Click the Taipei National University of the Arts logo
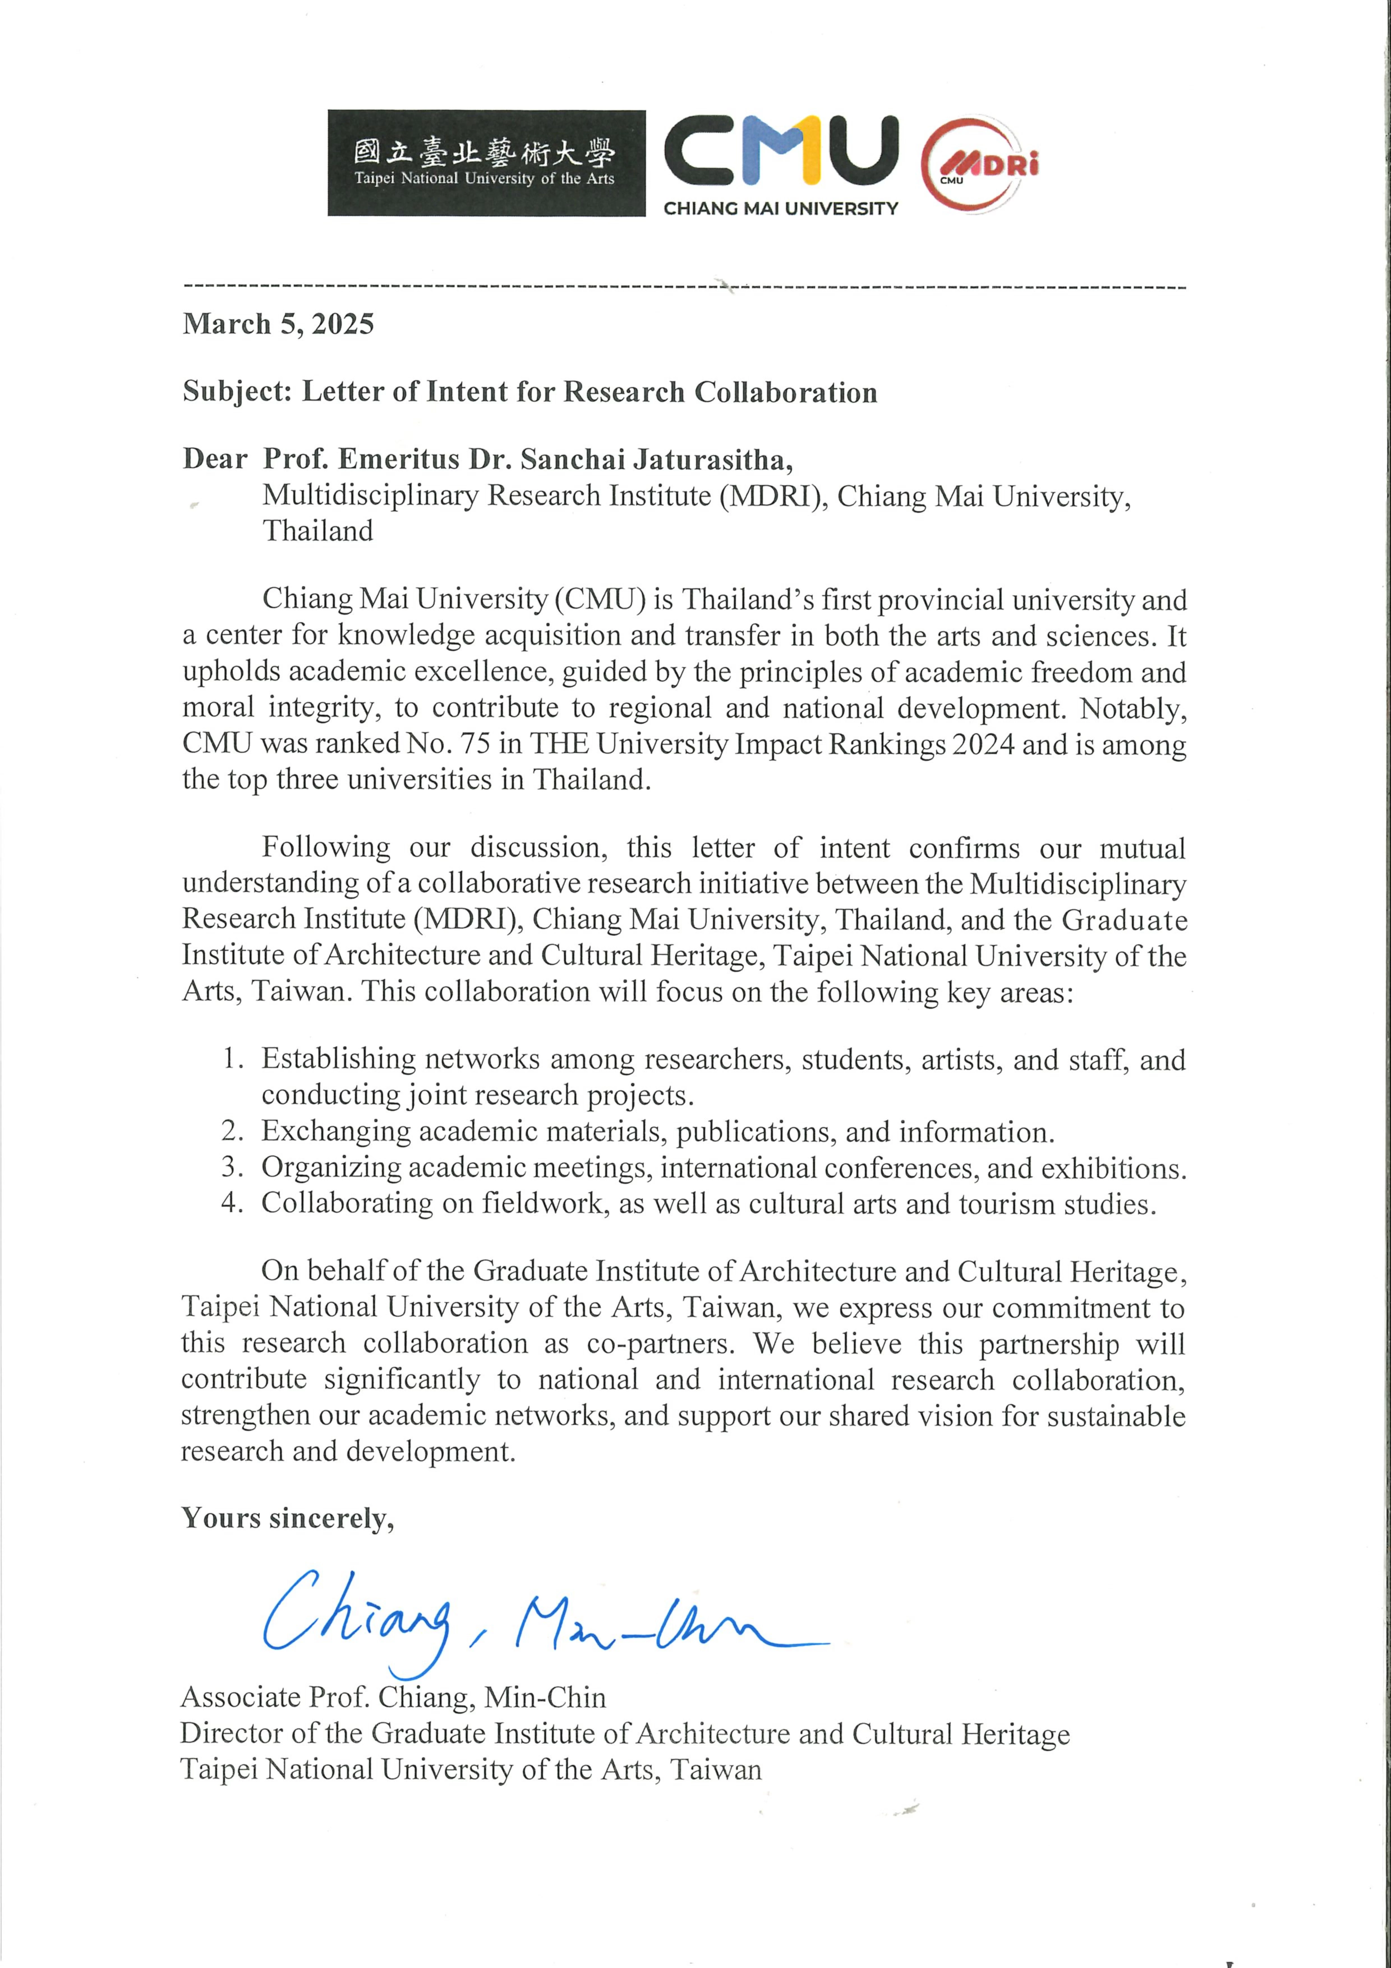[486, 163]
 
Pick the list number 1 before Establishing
[231, 1059]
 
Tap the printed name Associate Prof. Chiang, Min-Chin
[393, 1697]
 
